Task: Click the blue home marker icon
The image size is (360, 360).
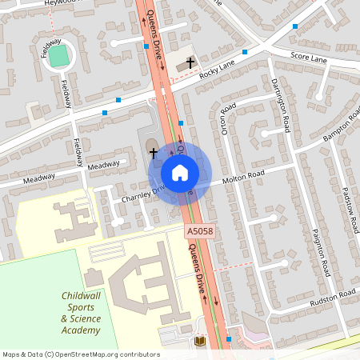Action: [180, 172]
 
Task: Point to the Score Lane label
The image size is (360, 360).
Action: [309, 58]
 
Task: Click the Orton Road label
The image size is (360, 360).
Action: [229, 118]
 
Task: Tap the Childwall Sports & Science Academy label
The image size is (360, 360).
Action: [82, 313]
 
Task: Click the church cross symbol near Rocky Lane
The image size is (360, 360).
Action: [190, 62]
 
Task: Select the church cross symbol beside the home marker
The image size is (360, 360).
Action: [153, 151]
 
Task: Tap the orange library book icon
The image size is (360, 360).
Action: [200, 342]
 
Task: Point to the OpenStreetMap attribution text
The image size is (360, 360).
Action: [82, 354]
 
